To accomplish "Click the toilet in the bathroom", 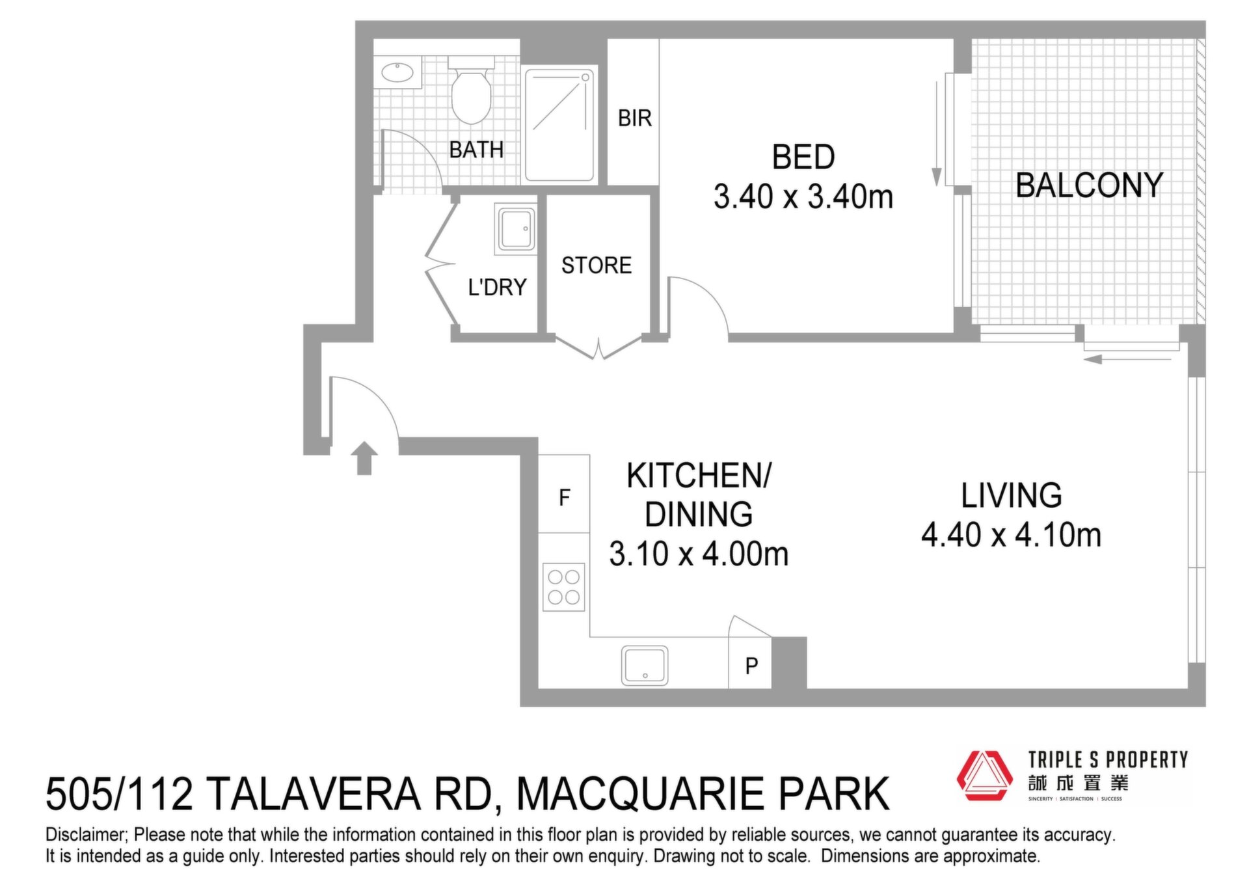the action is coord(471,90).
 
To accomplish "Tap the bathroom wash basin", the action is coord(397,72).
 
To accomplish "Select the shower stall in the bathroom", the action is coord(559,124).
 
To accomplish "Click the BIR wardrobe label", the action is coord(634,118).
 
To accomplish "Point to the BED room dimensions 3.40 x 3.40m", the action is coord(803,197).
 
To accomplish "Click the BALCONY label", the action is coord(1089,185).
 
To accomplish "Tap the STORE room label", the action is coord(597,265).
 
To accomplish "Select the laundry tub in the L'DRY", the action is coord(517,229).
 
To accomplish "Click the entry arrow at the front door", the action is coord(364,458).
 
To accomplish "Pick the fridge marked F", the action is coord(564,494).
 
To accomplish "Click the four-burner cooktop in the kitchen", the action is coord(563,587).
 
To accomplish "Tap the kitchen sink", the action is coord(645,665).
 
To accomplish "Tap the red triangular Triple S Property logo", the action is coord(984,776).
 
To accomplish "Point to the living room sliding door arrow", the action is coord(1127,359).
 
